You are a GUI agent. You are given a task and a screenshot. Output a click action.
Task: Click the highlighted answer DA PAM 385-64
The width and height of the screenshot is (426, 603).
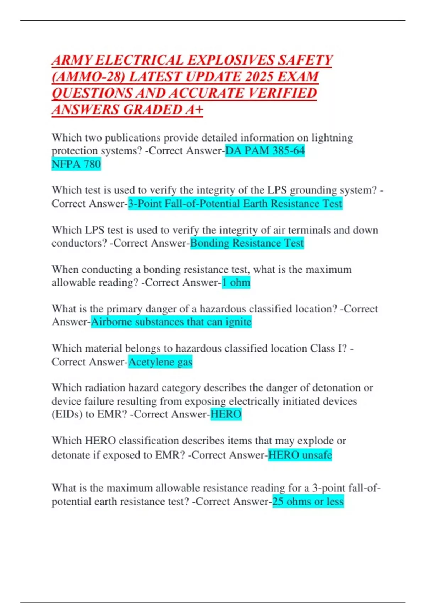click(x=265, y=151)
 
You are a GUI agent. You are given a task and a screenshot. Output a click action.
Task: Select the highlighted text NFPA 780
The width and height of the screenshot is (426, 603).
click(x=76, y=164)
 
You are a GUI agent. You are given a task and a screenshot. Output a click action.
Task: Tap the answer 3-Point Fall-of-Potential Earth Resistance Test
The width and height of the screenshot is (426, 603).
click(x=235, y=204)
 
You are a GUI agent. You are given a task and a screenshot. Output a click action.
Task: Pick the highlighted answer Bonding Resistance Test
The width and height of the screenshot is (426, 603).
click(x=247, y=243)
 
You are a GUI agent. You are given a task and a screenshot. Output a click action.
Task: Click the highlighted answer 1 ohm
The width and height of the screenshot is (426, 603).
click(x=236, y=282)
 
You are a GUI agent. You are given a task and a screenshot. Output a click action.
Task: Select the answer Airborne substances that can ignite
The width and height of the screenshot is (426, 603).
click(x=171, y=322)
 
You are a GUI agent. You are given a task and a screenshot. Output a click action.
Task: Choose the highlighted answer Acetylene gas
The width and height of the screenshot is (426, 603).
click(x=160, y=362)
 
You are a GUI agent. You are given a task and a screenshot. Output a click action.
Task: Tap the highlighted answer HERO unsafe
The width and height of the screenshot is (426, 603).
click(x=300, y=455)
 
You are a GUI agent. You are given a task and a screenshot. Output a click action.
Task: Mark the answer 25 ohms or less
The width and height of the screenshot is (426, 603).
click(x=308, y=502)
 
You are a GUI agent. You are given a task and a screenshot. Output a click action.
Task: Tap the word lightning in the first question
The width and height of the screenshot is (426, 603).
click(x=332, y=138)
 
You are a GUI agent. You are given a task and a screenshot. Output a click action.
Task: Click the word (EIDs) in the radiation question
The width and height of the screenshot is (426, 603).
click(x=67, y=414)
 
